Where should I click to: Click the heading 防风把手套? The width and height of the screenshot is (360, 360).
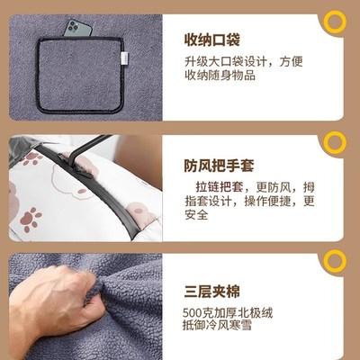pyautogui.click(x=220, y=166)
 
